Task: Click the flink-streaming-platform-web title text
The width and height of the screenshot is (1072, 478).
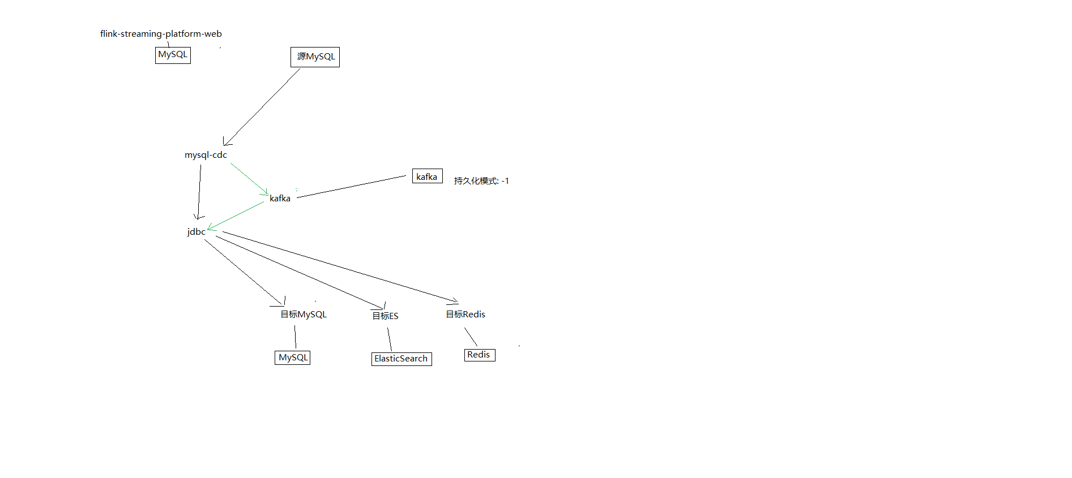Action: (161, 34)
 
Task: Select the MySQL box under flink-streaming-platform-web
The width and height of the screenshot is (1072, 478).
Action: (173, 55)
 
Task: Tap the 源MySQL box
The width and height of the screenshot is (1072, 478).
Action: (315, 57)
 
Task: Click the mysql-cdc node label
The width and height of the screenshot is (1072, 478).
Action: (206, 155)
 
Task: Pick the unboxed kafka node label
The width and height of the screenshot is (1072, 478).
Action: (280, 199)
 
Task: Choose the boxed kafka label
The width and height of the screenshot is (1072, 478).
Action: (428, 176)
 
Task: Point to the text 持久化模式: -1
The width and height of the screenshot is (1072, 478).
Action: (481, 181)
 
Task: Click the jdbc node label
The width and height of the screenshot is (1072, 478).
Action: (196, 232)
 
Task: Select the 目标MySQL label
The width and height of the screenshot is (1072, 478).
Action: (304, 315)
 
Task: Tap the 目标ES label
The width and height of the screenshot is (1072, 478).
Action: (385, 316)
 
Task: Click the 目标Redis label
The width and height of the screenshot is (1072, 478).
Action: (465, 315)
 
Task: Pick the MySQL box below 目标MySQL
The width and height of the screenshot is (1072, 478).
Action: (292, 358)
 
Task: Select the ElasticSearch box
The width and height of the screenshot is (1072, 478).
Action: (402, 359)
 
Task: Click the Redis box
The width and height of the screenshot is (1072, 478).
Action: (480, 355)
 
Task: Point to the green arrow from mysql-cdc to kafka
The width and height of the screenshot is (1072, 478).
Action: (249, 179)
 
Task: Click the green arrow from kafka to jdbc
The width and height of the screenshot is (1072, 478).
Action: (236, 216)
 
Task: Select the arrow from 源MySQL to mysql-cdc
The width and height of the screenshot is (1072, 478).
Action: (262, 107)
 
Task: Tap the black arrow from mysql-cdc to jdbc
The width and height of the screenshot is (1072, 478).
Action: (199, 192)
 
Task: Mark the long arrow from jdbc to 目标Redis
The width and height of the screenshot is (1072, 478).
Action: (340, 266)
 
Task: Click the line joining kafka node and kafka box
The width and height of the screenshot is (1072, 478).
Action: (351, 187)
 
